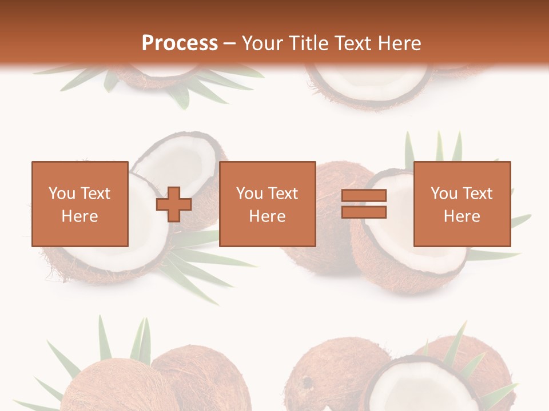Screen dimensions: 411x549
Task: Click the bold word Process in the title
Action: pyautogui.click(x=180, y=43)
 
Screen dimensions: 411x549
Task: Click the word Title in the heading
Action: pyautogui.click(x=310, y=43)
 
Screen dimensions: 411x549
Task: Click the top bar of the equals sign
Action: pyautogui.click(x=364, y=195)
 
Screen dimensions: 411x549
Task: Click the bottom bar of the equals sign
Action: pyautogui.click(x=364, y=212)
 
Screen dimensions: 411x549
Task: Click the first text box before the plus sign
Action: pyautogui.click(x=80, y=204)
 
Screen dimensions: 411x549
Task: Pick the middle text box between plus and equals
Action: pyautogui.click(x=267, y=204)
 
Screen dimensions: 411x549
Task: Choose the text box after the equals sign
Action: pyautogui.click(x=462, y=204)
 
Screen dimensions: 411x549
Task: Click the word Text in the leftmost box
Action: pyautogui.click(x=95, y=194)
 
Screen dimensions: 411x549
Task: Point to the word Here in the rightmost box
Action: pyautogui.click(x=462, y=216)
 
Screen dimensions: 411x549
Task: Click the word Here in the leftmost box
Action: pyautogui.click(x=80, y=216)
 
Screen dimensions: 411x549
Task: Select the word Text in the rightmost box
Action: pyautogui.click(x=478, y=194)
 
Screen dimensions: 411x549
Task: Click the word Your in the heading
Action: pyautogui.click(x=262, y=43)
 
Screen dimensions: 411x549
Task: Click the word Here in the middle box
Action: pyautogui.click(x=267, y=216)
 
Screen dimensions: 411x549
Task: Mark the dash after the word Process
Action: pyautogui.click(x=229, y=44)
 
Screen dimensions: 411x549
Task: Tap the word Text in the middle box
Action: pyautogui.click(x=283, y=194)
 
